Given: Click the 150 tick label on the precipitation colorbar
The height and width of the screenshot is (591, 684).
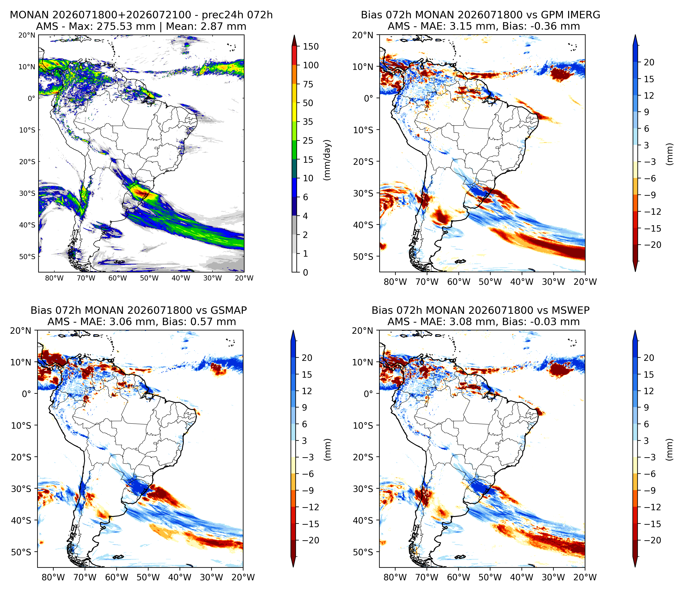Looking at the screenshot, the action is tap(311, 47).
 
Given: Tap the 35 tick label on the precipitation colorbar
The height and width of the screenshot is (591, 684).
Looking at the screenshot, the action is tap(308, 122).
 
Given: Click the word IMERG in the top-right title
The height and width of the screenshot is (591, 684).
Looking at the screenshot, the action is tap(585, 15).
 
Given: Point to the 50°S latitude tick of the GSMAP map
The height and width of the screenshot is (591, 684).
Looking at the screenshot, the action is tap(22, 552).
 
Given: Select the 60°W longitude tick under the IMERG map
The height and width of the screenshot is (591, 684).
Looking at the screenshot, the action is tap(459, 282).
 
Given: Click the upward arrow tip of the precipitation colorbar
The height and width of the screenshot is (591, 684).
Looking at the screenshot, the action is tap(294, 35).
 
